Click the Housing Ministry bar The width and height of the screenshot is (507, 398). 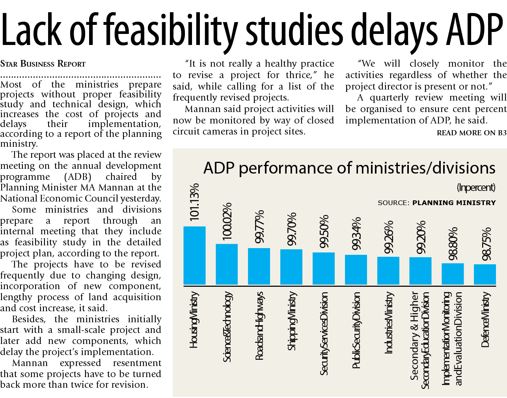(x=194, y=256)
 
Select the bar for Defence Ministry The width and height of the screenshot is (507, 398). (x=485, y=274)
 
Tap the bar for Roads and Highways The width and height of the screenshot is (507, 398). (x=259, y=266)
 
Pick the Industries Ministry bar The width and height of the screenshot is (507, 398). (x=388, y=271)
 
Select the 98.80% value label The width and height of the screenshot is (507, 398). (x=453, y=243)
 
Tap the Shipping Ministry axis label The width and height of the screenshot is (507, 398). (x=291, y=321)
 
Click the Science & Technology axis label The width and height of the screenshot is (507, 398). (x=227, y=327)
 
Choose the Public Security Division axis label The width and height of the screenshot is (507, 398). (x=356, y=330)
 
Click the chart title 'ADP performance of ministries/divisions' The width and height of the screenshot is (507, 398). (x=349, y=168)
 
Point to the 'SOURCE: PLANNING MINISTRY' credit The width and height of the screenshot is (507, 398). (x=436, y=203)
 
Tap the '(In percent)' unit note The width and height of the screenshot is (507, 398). (x=476, y=187)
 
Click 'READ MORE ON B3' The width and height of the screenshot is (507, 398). (x=472, y=133)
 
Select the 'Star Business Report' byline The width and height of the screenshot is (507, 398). (x=43, y=64)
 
